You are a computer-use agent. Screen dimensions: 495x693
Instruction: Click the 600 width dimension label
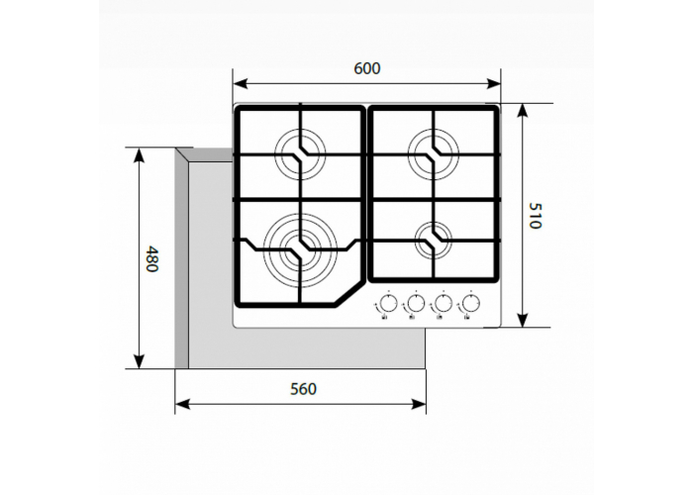tap(366, 68)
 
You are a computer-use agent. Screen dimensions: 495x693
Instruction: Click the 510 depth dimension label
tap(536, 216)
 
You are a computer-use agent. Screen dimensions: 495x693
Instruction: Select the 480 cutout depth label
tap(151, 260)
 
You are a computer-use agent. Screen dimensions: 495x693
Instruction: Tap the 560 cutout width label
tap(303, 389)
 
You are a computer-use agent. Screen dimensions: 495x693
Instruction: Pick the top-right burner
tap(433, 149)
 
